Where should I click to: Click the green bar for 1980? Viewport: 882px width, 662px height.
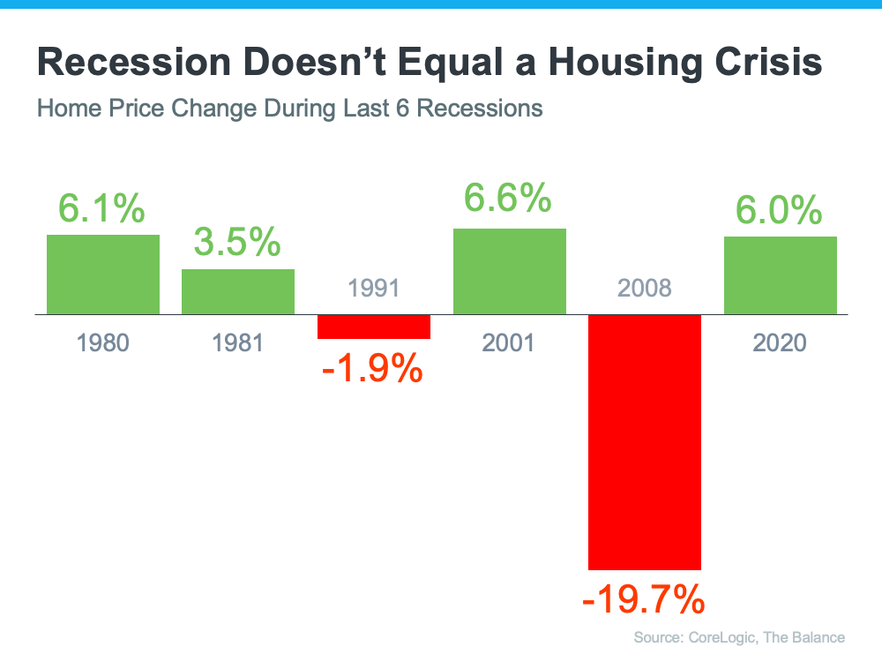coord(103,275)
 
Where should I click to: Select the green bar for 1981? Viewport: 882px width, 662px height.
coord(238,291)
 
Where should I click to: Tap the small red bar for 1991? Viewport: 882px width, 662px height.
coord(374,327)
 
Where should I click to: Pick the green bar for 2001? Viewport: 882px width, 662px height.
coord(510,271)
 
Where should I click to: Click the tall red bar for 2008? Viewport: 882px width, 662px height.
coord(645,441)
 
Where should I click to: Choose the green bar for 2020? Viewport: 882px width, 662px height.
coord(781,275)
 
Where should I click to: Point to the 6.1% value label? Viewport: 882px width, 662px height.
coord(102,208)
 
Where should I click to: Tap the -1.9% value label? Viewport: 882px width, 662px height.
coord(373,367)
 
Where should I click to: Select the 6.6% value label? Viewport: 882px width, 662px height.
coord(509,199)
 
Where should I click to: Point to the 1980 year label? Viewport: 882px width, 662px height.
coord(103,342)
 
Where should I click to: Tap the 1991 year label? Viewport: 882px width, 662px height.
coord(374,288)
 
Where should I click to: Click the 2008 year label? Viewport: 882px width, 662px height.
coord(645,288)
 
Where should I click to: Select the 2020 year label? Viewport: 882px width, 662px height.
coord(780,342)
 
